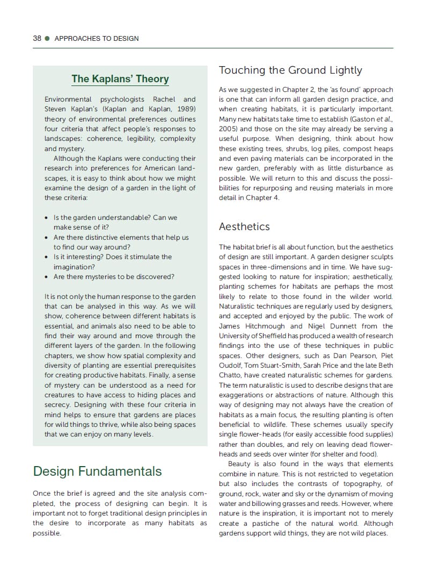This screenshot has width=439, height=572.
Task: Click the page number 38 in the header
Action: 37,38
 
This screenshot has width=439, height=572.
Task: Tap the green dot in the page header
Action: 47,38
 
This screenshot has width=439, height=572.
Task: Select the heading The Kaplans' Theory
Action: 120,79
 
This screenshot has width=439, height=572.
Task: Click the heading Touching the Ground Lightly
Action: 290,70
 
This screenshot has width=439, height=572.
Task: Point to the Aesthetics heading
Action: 244,226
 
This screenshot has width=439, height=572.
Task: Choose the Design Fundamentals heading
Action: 97,471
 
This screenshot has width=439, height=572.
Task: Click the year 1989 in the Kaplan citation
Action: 185,109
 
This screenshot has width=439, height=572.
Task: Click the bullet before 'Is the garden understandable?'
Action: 48,218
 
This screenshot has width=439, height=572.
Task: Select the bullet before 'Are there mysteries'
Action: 48,277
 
